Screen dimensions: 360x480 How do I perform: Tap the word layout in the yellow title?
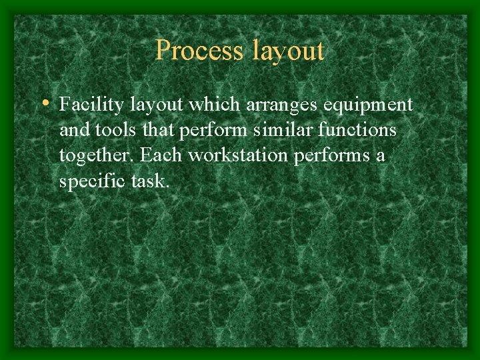click(x=287, y=51)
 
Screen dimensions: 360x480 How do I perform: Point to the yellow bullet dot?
click(x=45, y=103)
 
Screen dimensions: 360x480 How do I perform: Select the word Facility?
click(x=91, y=105)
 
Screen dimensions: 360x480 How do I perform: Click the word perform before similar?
click(x=213, y=131)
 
